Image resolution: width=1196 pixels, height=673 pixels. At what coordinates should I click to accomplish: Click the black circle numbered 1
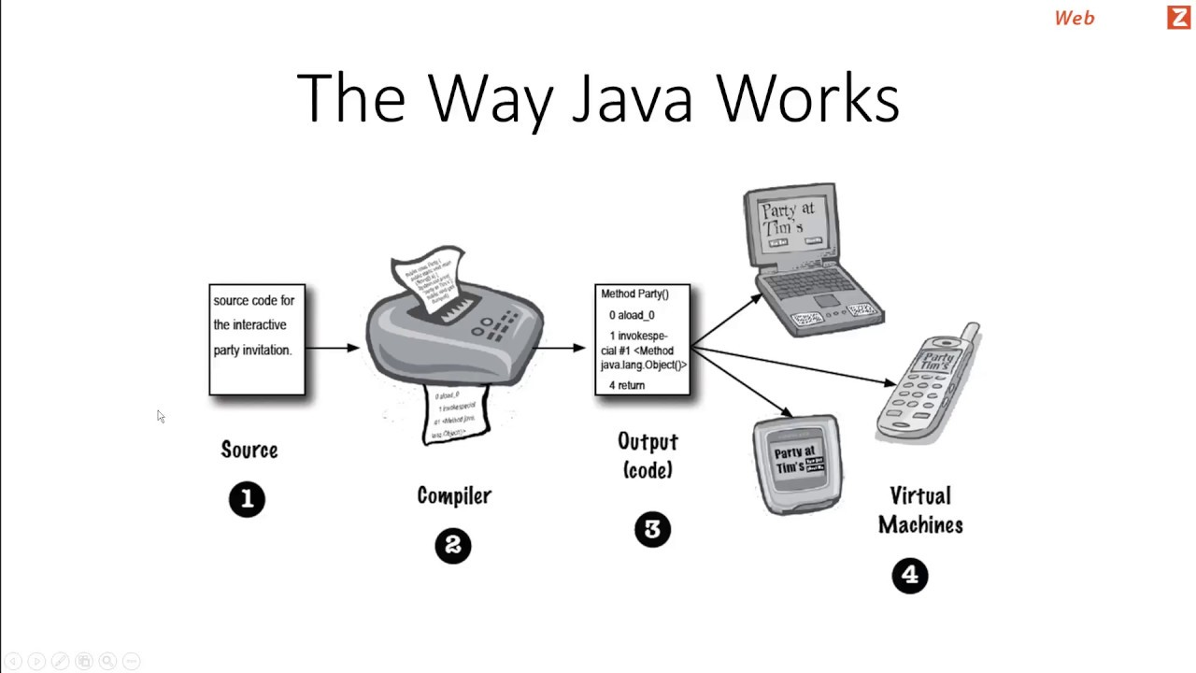[x=247, y=499]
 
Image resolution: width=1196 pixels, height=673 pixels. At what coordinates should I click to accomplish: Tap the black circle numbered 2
[x=453, y=546]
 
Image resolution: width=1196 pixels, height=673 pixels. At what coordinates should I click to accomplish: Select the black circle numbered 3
[x=652, y=530]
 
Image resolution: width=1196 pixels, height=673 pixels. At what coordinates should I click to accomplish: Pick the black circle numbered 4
[x=910, y=576]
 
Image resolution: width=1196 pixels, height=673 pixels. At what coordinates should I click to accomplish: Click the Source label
[x=249, y=450]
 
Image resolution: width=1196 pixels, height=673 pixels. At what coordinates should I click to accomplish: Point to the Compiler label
[x=454, y=495]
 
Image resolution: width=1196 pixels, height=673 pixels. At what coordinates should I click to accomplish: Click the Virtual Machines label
[x=920, y=510]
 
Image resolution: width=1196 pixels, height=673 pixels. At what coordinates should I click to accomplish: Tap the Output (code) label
[x=648, y=454]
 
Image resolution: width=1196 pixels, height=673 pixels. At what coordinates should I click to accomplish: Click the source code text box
[x=257, y=339]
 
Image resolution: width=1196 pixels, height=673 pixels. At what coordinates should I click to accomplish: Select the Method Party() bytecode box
[x=643, y=339]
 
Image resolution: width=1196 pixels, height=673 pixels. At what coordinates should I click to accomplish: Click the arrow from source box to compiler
[x=333, y=348]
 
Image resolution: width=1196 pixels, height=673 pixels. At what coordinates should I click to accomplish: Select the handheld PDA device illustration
[x=797, y=465]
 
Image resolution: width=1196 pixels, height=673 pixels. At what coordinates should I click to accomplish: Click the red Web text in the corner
[x=1075, y=18]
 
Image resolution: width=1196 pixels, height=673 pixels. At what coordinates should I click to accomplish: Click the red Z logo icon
[x=1178, y=17]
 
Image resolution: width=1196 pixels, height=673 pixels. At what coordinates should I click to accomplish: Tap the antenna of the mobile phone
[x=972, y=334]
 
